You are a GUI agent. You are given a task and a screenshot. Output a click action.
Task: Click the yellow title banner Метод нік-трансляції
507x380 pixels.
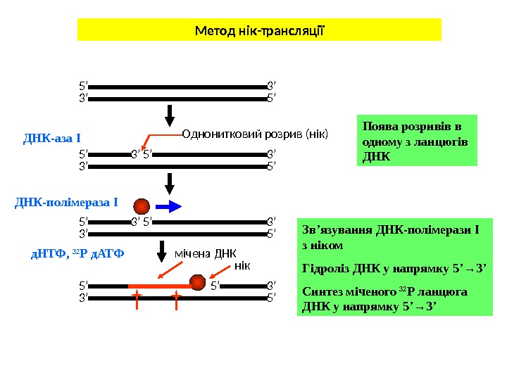coord(258,30)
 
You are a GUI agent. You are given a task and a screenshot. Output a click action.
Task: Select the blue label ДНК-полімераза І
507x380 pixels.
coord(66,203)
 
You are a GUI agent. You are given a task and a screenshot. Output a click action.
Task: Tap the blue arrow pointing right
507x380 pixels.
coord(168,206)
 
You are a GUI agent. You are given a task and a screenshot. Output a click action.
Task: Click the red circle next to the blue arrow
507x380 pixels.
coord(142,205)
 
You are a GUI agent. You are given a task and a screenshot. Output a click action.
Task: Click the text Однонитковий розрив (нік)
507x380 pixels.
coord(255,133)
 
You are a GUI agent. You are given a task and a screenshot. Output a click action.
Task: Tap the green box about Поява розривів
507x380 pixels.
coord(417,140)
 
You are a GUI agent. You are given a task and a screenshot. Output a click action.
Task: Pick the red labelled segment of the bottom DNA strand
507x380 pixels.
coord(158,286)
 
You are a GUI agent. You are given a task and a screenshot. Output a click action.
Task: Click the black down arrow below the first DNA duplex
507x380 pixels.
coord(170,113)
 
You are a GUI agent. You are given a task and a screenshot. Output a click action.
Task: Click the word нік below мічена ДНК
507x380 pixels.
coord(242,265)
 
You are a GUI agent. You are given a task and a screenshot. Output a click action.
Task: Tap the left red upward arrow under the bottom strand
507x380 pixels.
coord(137,302)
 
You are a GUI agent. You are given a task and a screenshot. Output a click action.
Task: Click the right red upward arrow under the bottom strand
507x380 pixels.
coord(176,302)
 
